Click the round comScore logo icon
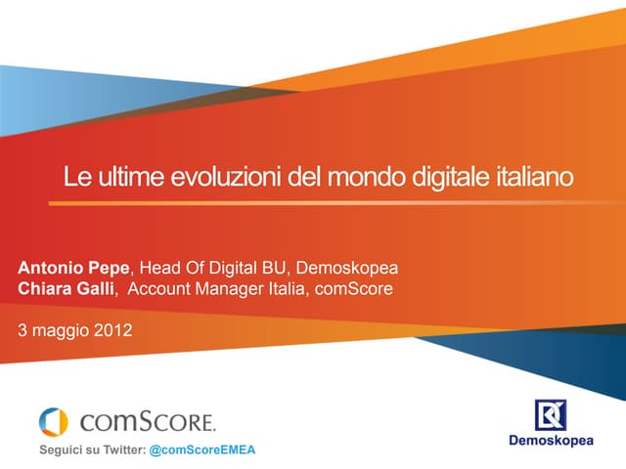tap(54, 421)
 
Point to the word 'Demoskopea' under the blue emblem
tap(552, 441)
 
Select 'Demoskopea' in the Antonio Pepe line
tap(347, 268)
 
